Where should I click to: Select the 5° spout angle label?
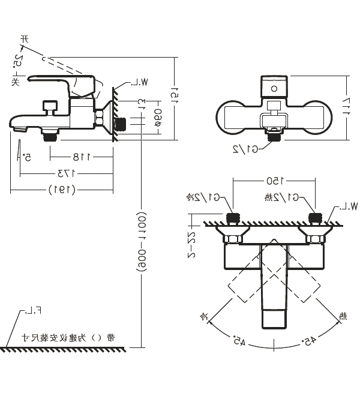tap(28, 157)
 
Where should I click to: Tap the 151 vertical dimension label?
tap(175, 96)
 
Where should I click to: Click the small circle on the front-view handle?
tap(274, 88)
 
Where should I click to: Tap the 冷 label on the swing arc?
tap(203, 314)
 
